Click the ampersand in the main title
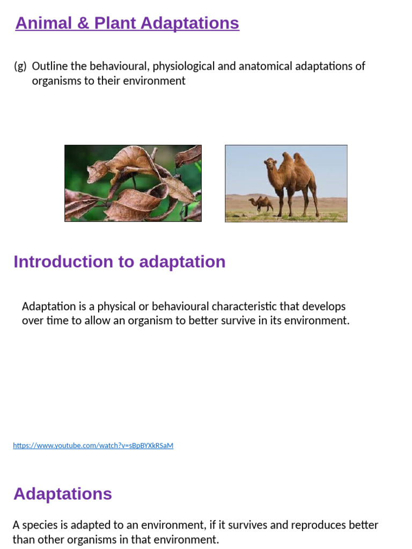point(83,24)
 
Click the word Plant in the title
point(115,24)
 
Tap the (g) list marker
point(20,66)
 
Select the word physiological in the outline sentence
point(183,66)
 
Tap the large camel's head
point(270,164)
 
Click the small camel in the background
point(261,204)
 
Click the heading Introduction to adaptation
point(120,262)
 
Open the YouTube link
point(93,446)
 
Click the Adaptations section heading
point(63,494)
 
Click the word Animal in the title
point(44,24)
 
